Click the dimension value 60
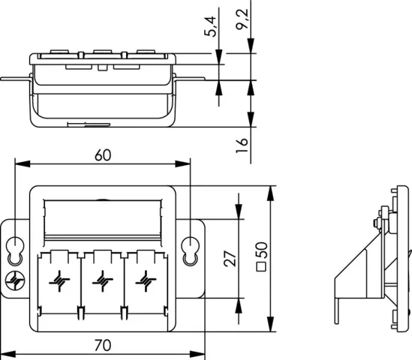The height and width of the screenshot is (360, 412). coord(103,155)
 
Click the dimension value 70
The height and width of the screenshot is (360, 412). coord(103,345)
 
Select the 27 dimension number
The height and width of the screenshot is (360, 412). coord(230,259)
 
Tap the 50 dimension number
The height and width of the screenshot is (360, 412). coord(261,250)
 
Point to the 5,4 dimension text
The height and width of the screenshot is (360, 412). coord(210,26)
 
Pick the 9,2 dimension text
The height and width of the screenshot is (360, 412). coord(242,19)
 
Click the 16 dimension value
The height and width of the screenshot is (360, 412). coord(242,145)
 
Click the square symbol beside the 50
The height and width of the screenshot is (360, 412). coord(261,267)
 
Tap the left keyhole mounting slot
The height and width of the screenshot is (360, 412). coord(15,250)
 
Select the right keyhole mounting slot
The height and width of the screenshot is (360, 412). coord(190,250)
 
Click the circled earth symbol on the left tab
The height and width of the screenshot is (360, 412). coord(15,280)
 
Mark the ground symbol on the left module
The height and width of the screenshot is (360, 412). coord(59,281)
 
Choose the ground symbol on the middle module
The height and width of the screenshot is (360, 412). coord(103,281)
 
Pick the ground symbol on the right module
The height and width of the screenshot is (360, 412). coord(146,281)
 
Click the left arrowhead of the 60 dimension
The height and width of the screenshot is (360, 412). coord(23,164)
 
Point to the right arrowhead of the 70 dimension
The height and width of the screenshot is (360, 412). coord(197,354)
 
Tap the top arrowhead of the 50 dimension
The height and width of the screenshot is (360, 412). coord(271,193)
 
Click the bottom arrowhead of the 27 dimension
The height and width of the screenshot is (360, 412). coord(239,305)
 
